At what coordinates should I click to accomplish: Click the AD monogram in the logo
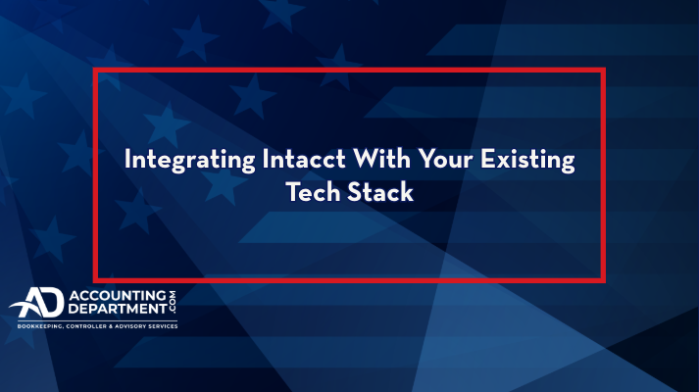(x=35, y=305)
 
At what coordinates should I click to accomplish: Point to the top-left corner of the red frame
(x=95, y=71)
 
